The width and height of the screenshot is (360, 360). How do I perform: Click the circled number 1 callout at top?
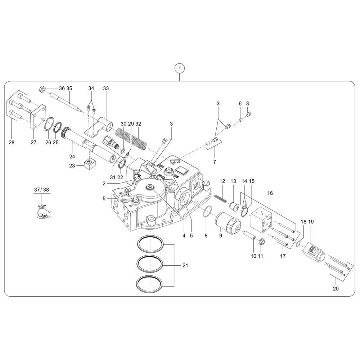coord(179,68)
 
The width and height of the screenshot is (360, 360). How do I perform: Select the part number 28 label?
coord(12,143)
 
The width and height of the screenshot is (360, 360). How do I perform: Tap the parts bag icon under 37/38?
coord(42,212)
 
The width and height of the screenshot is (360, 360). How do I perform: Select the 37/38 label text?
coord(42,189)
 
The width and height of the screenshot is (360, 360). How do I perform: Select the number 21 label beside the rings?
coord(185,266)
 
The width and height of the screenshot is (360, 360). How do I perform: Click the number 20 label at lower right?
coord(336,288)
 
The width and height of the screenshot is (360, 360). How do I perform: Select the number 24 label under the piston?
coord(72,156)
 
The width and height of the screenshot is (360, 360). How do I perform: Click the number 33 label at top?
coord(105,88)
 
